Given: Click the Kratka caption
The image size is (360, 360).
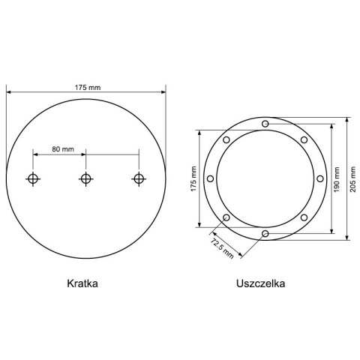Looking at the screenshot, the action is point(82,283).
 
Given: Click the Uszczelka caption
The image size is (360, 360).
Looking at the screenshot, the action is point(260,283).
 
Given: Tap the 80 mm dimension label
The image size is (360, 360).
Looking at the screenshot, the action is point(63,149).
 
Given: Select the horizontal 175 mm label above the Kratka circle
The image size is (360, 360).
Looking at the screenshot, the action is point(88,88).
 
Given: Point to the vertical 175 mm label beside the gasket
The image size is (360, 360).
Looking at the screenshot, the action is point(193,178).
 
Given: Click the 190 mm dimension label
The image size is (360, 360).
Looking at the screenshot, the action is point(337,179).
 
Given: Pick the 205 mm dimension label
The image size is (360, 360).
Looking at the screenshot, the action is point(352,179).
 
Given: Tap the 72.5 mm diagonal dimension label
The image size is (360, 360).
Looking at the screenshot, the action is point(222,249).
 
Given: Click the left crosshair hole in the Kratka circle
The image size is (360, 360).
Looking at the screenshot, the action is point(33,178).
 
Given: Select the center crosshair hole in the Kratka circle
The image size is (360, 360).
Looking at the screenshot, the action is point(86,178).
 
